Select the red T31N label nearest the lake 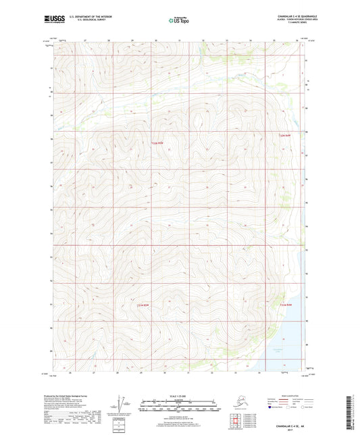(x=286, y=305)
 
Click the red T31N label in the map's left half (x=142, y=305)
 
